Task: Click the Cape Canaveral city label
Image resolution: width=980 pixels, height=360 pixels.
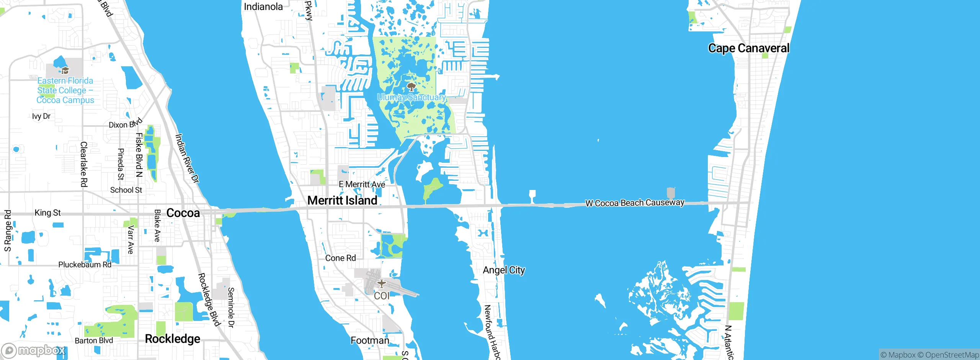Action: [748, 48]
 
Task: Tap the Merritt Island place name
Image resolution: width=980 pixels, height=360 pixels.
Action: [342, 200]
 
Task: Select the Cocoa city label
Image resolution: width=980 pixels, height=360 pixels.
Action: [183, 213]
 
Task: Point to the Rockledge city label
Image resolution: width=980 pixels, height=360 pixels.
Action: [173, 339]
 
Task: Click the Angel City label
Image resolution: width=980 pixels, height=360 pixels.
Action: [504, 270]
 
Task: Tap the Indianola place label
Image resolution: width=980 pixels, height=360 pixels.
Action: [263, 7]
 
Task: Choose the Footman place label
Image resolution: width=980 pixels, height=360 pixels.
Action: [370, 340]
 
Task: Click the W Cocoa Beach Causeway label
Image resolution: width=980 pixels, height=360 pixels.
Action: [635, 203]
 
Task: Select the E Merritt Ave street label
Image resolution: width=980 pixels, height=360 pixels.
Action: [362, 184]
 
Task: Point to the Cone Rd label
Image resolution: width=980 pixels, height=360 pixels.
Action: [340, 258]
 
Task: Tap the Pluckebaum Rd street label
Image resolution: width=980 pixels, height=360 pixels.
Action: [85, 265]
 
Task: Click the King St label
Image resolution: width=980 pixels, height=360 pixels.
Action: [47, 213]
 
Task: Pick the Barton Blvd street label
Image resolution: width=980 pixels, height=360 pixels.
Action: [94, 340]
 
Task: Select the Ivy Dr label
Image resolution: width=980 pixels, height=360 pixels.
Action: [41, 116]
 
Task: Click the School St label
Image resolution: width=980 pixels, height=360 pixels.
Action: [126, 190]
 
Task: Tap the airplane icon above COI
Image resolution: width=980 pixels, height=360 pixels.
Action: [381, 284]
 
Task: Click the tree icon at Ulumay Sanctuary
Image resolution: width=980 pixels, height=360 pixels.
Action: [411, 87]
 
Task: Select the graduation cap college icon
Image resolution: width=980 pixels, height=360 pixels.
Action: [65, 70]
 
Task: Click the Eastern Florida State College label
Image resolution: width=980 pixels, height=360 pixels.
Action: [65, 90]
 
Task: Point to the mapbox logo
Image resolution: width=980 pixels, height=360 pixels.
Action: [34, 350]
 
